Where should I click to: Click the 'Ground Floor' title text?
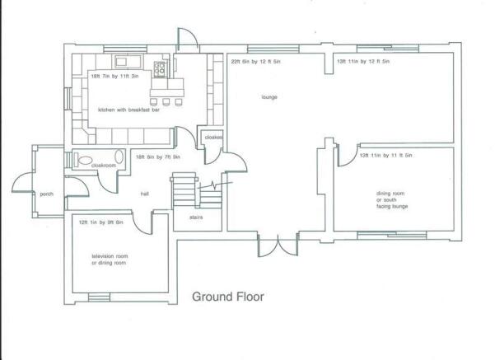(228, 297)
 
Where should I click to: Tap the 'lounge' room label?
(269, 97)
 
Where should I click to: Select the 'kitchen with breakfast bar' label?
(128, 110)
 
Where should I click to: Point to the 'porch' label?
(46, 194)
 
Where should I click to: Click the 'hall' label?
(145, 194)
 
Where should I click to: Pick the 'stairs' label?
(196, 217)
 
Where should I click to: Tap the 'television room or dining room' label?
(110, 259)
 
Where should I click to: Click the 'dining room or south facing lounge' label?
(392, 200)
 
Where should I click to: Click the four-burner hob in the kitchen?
(160, 69)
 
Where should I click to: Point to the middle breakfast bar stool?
(166, 102)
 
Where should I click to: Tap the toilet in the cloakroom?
(83, 160)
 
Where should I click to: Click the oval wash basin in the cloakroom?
(119, 157)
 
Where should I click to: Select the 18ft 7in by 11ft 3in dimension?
(114, 76)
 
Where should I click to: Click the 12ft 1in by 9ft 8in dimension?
(100, 222)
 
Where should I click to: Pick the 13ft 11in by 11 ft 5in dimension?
(385, 156)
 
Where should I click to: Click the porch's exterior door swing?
(22, 182)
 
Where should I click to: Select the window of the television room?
(99, 297)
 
